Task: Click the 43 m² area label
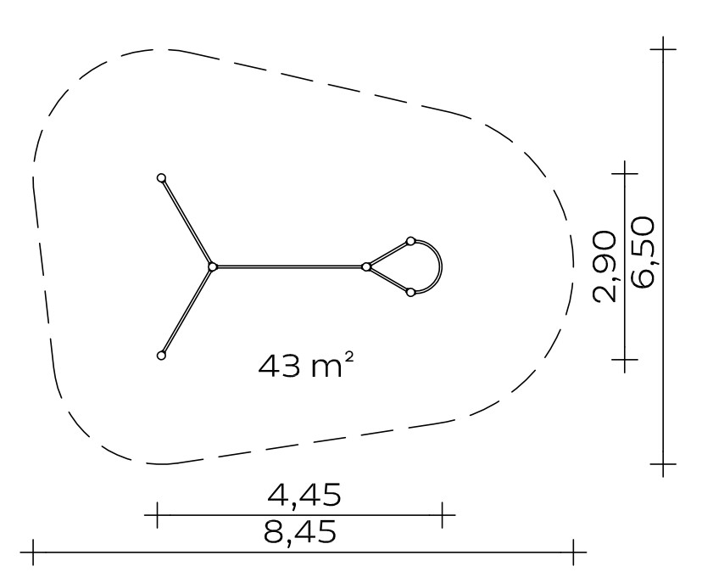[306, 365]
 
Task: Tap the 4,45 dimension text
[304, 495]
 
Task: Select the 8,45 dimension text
[300, 532]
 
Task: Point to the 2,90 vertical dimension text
[605, 266]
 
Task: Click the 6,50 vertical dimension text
[642, 252]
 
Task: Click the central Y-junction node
[213, 267]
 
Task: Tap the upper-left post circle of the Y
[162, 178]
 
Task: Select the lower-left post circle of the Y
[162, 356]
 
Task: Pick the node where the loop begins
[366, 267]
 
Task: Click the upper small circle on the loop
[410, 241]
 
